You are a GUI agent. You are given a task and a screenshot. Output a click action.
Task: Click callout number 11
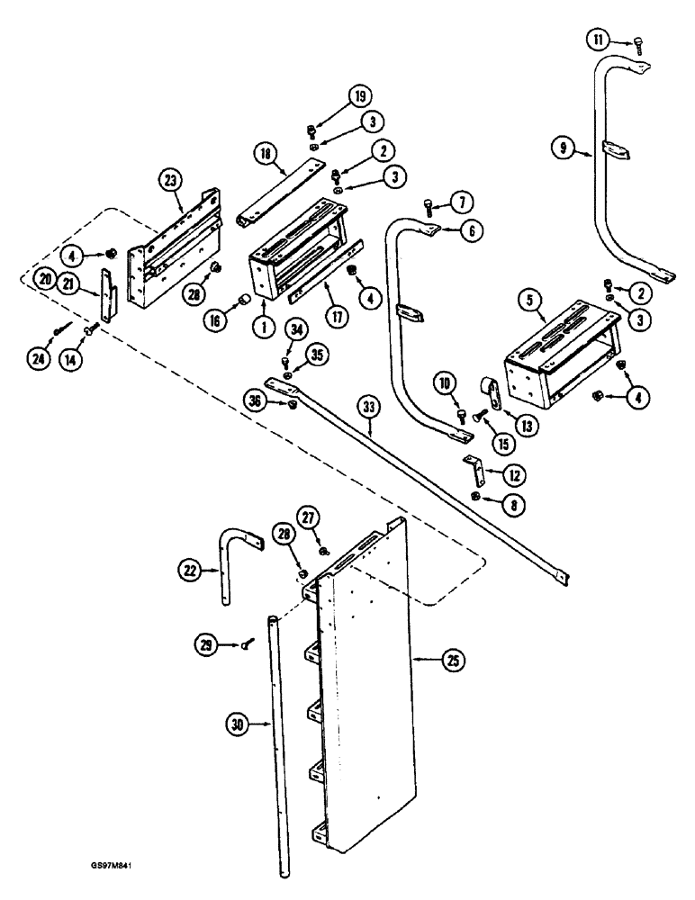pyautogui.click(x=598, y=39)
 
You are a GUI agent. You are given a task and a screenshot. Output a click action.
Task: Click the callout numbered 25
pyautogui.click(x=450, y=661)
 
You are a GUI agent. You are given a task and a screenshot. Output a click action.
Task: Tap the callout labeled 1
pyautogui.click(x=265, y=328)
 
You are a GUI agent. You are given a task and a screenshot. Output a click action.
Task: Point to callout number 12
pyautogui.click(x=515, y=473)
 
